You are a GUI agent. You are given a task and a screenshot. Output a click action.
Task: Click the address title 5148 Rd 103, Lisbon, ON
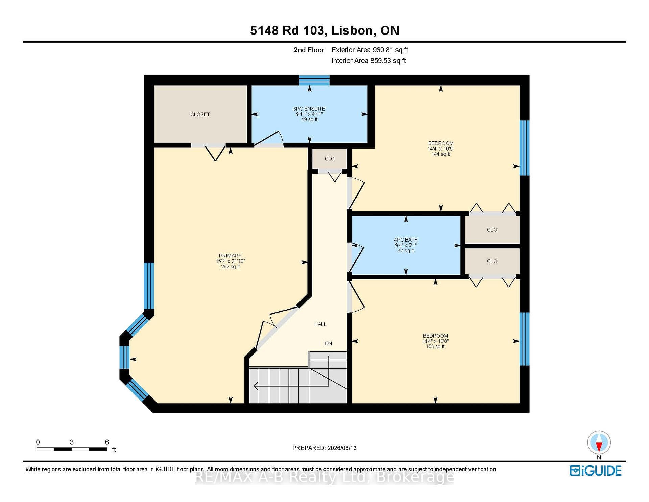click(x=324, y=31)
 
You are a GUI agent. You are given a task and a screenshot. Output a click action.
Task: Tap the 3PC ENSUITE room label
click(x=309, y=109)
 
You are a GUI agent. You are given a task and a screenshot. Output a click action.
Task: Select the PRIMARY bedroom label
click(x=230, y=256)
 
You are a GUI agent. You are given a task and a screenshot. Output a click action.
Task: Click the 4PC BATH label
click(x=406, y=240)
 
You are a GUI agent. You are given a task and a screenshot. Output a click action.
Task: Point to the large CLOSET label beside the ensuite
click(x=200, y=114)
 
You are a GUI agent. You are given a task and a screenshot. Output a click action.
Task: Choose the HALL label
click(x=320, y=324)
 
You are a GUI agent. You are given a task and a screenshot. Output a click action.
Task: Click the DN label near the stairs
click(x=328, y=343)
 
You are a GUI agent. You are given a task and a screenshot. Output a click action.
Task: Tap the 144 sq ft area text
click(x=440, y=154)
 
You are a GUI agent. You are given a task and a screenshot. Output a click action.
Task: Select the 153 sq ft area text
click(x=435, y=346)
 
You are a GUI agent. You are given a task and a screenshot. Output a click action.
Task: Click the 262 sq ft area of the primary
click(x=230, y=267)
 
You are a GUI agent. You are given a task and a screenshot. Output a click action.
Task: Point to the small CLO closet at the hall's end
click(x=330, y=159)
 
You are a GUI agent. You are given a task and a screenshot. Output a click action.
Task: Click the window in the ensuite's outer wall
click(x=314, y=80)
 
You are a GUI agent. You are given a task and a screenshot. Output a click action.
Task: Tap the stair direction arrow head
click(x=256, y=386)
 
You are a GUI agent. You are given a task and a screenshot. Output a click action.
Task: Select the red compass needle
click(x=599, y=447)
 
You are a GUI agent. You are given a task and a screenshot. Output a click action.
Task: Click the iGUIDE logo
click(x=596, y=471)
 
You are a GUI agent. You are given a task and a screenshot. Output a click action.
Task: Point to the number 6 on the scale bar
click(x=107, y=442)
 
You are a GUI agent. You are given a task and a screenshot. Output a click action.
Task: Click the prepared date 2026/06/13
click(x=342, y=448)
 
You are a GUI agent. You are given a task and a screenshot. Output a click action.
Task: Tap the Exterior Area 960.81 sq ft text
click(x=370, y=50)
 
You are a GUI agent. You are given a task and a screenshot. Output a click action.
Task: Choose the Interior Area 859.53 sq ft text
click(x=368, y=61)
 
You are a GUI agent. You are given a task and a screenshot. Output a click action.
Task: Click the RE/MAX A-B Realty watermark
click(x=324, y=477)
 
